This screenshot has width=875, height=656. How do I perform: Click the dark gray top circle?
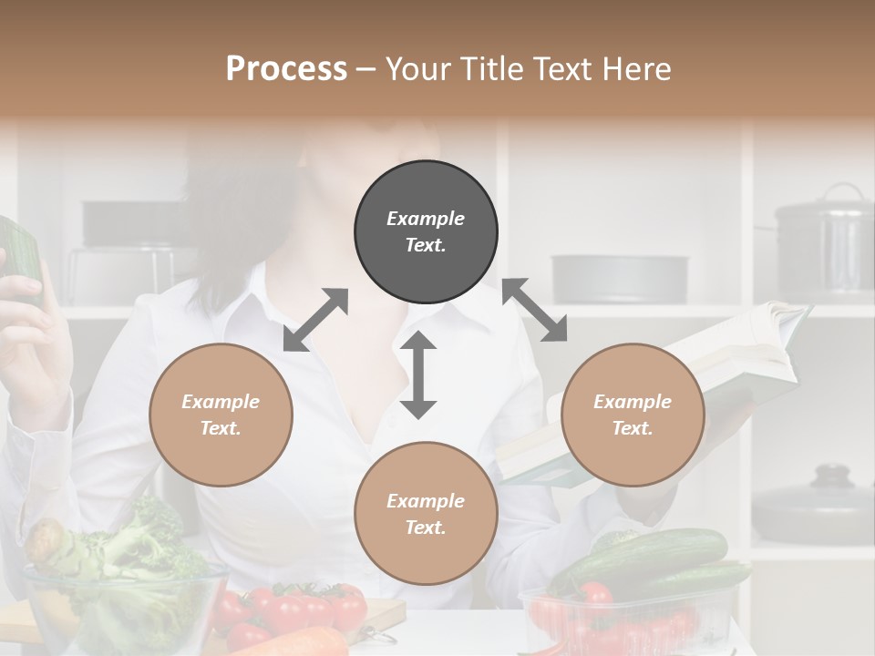[426, 232]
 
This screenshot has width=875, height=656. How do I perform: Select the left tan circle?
[221, 415]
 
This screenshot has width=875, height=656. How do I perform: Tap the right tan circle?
[633, 415]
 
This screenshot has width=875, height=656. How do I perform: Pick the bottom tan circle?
[426, 514]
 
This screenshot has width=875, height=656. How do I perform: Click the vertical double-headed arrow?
[418, 374]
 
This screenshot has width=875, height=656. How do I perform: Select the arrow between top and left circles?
[315, 319]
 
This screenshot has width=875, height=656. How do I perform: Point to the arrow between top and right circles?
[534, 310]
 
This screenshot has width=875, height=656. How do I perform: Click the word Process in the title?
[286, 68]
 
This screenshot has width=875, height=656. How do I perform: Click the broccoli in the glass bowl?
[137, 538]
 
